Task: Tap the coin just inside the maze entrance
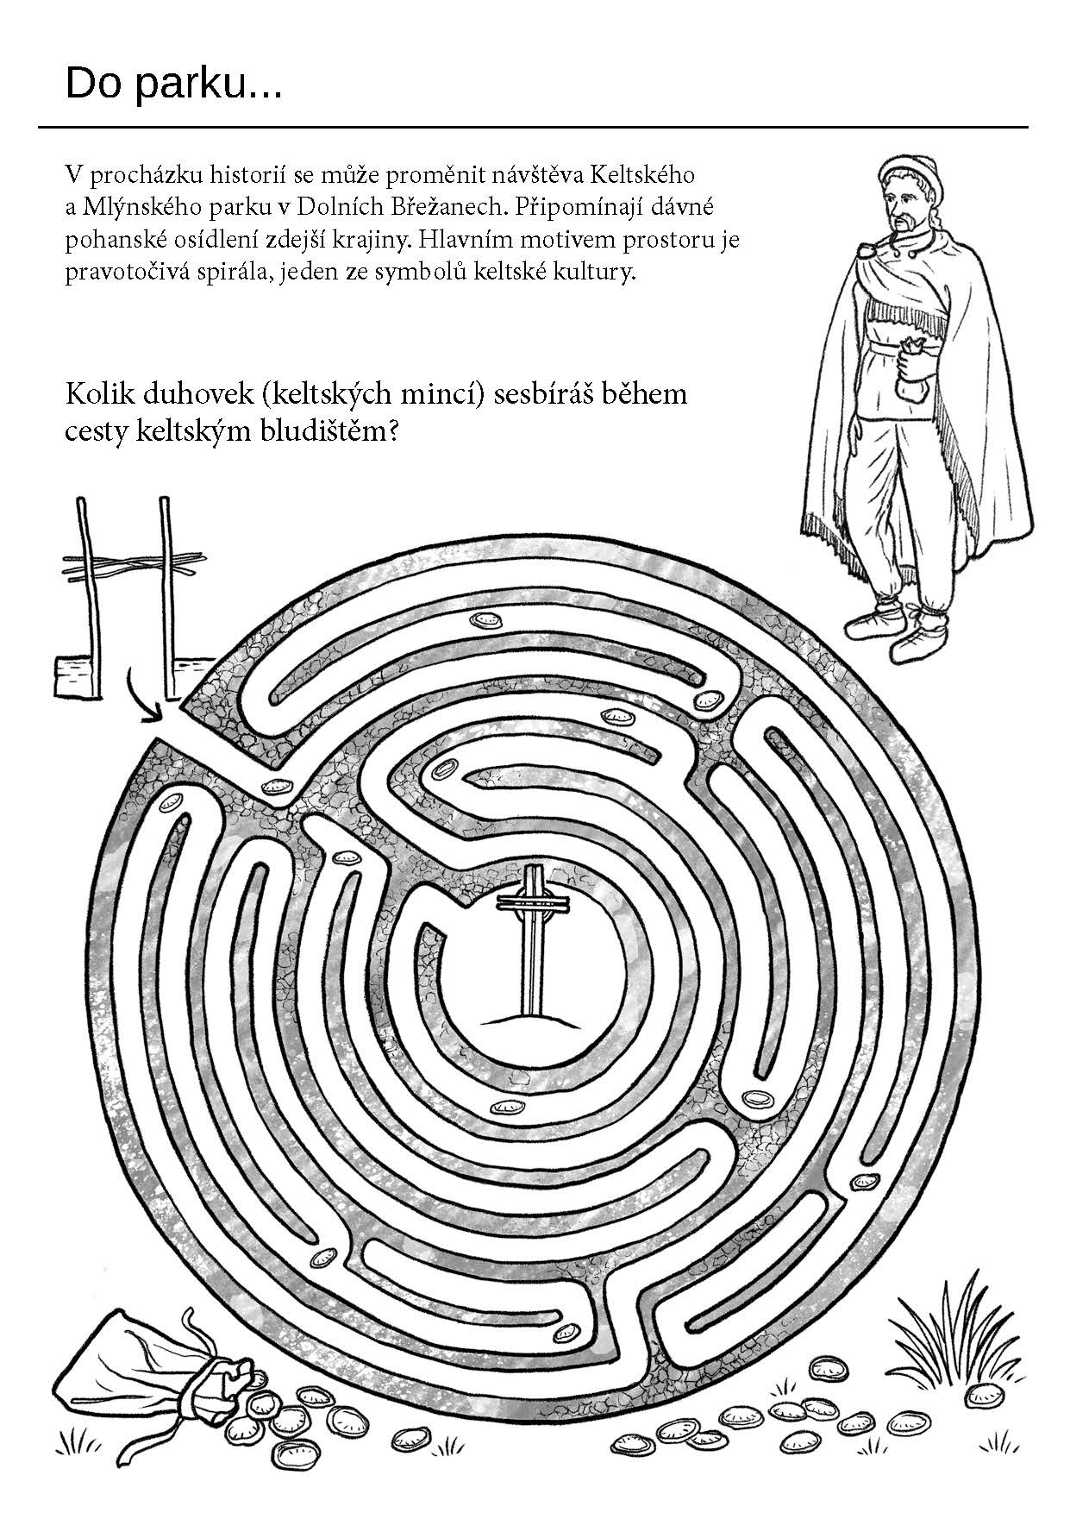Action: (277, 785)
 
